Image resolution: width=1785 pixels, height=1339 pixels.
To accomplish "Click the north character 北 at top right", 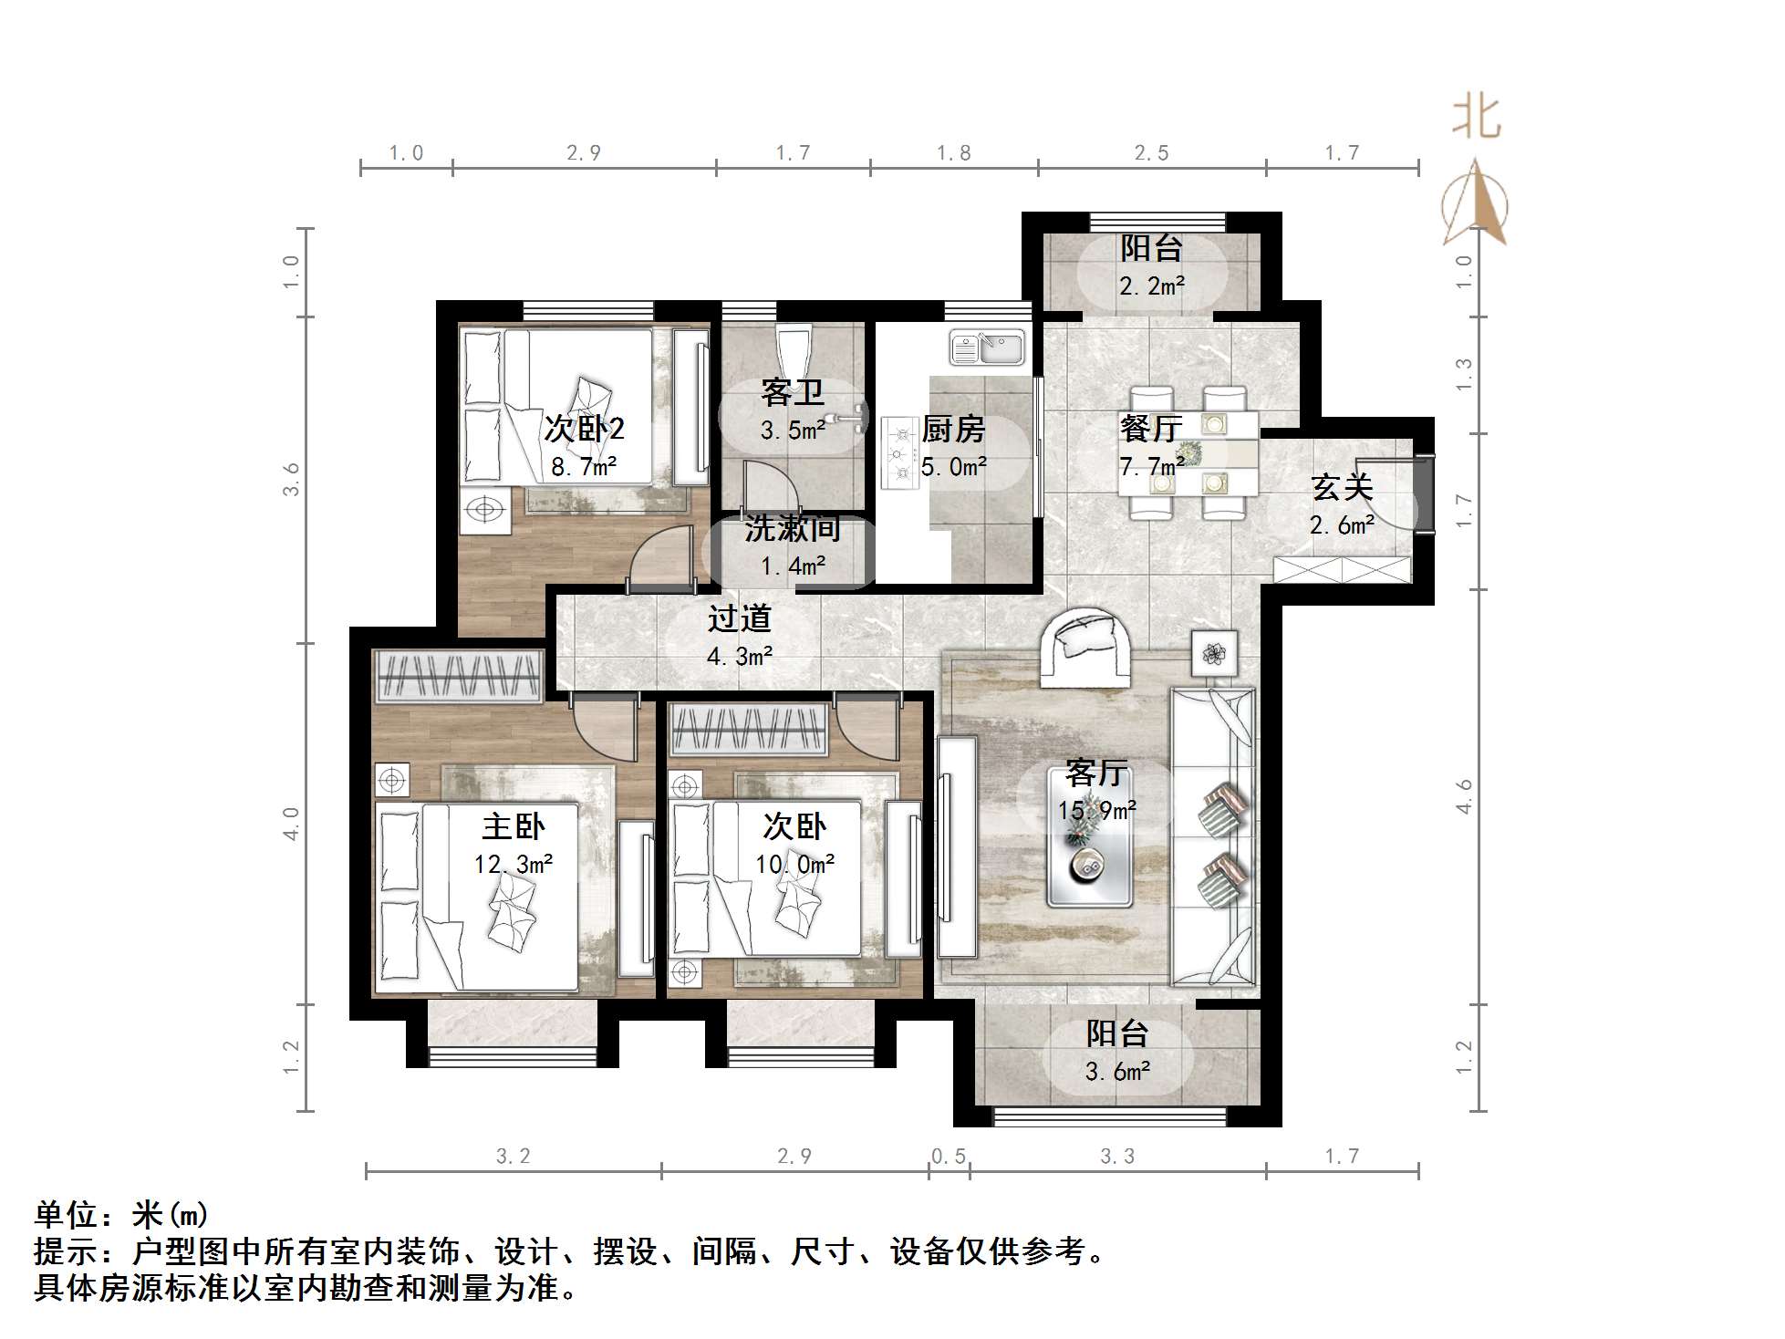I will tap(1476, 119).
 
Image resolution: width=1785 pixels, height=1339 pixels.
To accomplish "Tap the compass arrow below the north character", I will tap(1474, 204).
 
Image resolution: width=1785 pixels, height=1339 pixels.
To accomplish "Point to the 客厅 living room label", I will tap(1096, 773).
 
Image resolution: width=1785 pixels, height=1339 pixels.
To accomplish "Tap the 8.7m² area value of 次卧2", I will tap(584, 468).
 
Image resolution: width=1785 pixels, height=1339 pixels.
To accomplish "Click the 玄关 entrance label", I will tap(1342, 488).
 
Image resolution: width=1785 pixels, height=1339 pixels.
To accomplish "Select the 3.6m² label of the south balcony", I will tap(1117, 1071).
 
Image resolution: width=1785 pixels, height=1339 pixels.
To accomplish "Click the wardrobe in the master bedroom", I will tap(459, 676).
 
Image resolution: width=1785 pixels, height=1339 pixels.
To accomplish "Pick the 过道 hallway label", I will tap(740, 619).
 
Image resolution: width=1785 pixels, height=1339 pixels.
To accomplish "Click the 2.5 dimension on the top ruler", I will tap(1151, 152).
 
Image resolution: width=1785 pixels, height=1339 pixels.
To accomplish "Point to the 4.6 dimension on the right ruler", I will tap(1464, 795).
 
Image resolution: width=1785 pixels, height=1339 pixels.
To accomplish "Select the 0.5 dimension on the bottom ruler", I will tap(949, 1157).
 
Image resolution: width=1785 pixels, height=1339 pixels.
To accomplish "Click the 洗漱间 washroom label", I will tap(792, 529).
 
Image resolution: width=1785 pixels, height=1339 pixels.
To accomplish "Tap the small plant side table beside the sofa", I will tap(1213, 653).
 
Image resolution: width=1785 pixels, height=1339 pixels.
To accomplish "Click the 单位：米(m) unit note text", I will tap(121, 1215).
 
